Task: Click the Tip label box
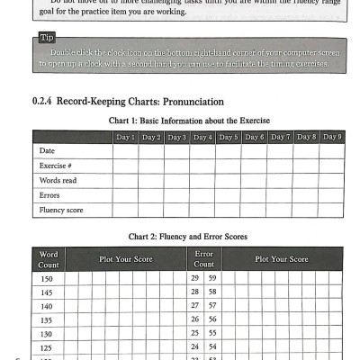(x=48, y=39)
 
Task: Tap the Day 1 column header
(x=125, y=137)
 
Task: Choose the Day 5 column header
(x=229, y=137)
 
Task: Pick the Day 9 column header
(x=332, y=137)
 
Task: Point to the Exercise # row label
(x=56, y=166)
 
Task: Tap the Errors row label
(x=49, y=195)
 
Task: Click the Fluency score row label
(x=60, y=210)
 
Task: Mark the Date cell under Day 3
(x=176, y=151)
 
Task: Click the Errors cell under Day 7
(x=281, y=195)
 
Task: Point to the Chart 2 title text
(x=188, y=237)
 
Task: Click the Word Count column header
(x=49, y=259)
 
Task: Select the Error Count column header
(x=204, y=259)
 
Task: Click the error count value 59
(x=212, y=279)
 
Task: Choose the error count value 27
(x=195, y=306)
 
